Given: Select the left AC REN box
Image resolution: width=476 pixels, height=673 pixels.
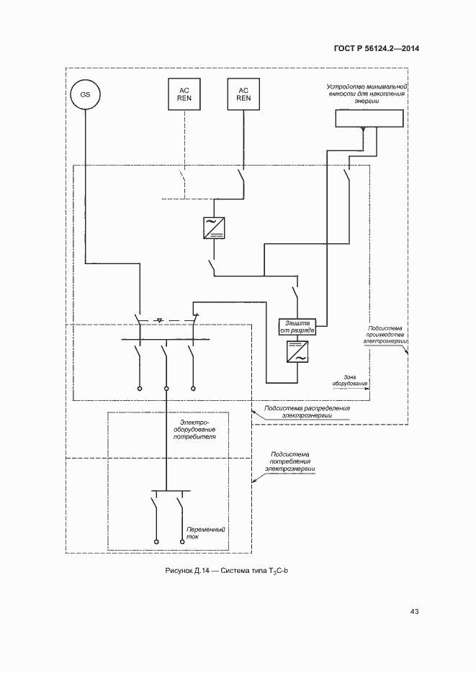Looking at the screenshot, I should [184, 94].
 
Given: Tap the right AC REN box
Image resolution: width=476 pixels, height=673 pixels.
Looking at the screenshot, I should [243, 94].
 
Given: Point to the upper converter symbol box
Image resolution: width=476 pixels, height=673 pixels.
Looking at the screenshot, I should [213, 227].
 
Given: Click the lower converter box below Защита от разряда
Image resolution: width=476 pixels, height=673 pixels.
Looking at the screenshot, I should [295, 352].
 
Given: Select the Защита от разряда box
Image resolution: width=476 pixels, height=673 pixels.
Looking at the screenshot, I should [295, 327].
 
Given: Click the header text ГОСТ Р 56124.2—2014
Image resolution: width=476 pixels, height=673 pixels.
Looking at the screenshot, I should [376, 49].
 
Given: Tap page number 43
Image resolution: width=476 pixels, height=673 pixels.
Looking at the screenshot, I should [414, 612].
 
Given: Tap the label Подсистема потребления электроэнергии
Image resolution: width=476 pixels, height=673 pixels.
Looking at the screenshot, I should [291, 461].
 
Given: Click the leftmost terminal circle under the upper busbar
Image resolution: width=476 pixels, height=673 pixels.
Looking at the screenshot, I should [139, 389].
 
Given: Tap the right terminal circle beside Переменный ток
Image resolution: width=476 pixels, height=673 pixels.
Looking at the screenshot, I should [179, 541].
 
